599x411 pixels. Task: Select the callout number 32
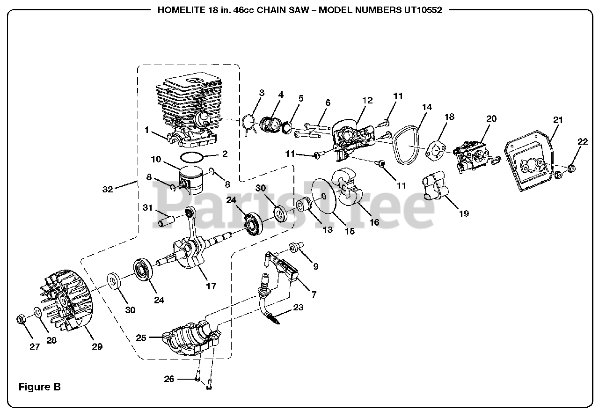[x=108, y=189]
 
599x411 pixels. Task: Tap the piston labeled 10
[x=193, y=180]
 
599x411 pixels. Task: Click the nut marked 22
[x=572, y=168]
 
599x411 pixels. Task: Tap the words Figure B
[x=39, y=387]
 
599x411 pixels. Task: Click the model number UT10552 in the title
[x=423, y=10]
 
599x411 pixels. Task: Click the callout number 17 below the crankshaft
[x=211, y=286]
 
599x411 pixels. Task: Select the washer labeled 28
[x=36, y=312]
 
